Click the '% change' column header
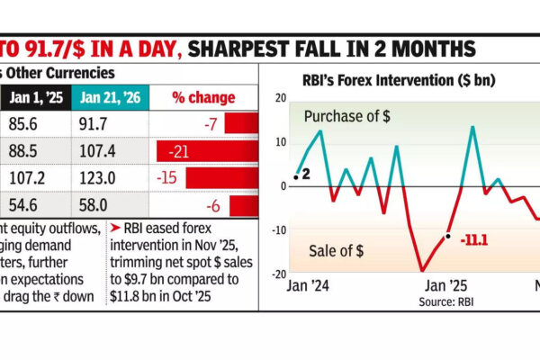click(204, 96)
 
